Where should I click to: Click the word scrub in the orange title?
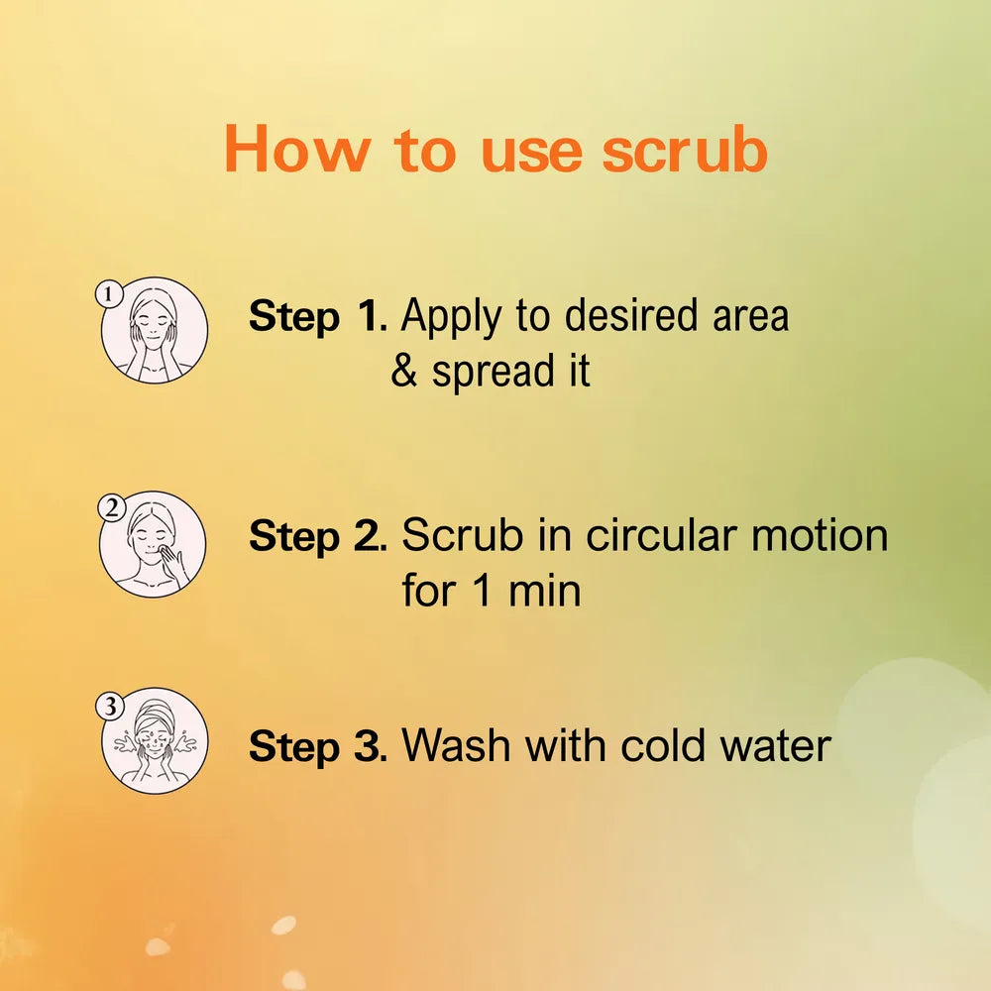(685, 149)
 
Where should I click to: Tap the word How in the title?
(296, 149)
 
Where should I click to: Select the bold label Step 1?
(318, 316)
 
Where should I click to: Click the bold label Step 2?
(318, 536)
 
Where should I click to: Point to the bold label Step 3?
(318, 746)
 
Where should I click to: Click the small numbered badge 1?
(109, 294)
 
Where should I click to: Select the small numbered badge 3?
(110, 706)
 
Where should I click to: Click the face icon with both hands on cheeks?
(155, 330)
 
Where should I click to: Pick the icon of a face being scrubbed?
(153, 544)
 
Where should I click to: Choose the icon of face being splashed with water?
(155, 740)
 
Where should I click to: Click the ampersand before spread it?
(404, 371)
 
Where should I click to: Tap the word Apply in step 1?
(451, 317)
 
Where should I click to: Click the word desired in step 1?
(631, 315)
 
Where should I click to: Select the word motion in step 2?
(820, 535)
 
